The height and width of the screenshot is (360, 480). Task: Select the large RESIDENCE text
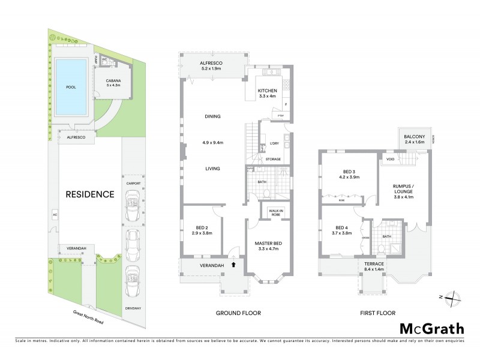[91, 194]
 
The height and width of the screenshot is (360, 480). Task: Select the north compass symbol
[454, 297]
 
